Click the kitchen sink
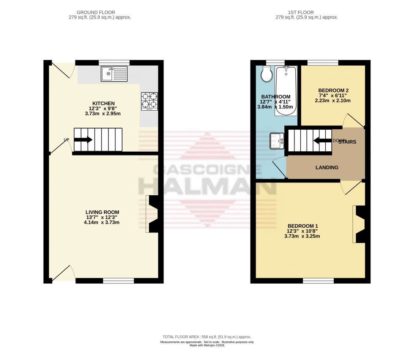[x=114, y=74]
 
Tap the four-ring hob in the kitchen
[x=149, y=101]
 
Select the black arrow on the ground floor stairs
[x=83, y=140]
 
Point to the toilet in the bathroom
[x=267, y=75]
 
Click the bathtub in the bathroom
[x=286, y=90]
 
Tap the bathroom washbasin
[x=277, y=141]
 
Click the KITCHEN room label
[x=104, y=104]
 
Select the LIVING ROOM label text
[x=102, y=212]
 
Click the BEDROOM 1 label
[x=303, y=226]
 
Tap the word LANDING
[x=327, y=167]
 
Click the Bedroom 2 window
[x=323, y=63]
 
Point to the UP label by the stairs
[x=66, y=140]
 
